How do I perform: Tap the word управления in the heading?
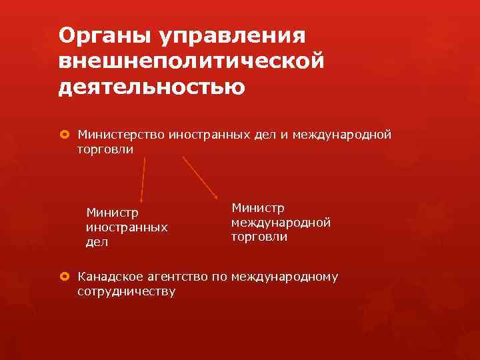click(x=223, y=35)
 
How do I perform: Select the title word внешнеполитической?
click(x=192, y=61)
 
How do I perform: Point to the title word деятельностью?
click(x=151, y=87)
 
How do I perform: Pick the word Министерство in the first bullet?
click(x=122, y=135)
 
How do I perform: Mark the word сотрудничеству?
click(x=127, y=291)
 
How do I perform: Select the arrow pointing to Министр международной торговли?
click(x=201, y=177)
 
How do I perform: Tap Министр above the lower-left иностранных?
click(x=113, y=213)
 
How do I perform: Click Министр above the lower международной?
click(x=257, y=208)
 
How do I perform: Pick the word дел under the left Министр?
click(x=97, y=243)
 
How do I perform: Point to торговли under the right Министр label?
click(x=259, y=237)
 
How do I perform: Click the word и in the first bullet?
click(x=283, y=135)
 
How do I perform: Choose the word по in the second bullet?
click(x=219, y=277)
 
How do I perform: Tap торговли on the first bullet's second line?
click(x=105, y=149)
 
